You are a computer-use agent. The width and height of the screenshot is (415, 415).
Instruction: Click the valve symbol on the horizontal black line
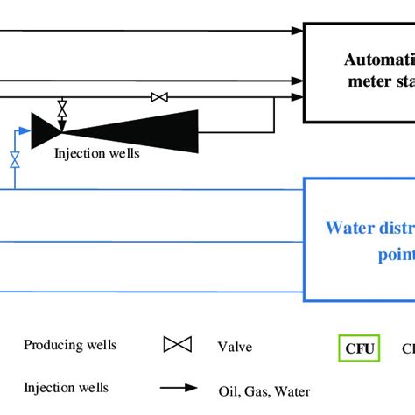pyautogui.click(x=159, y=97)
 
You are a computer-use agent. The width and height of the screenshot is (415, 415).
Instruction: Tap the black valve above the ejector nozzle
pyautogui.click(x=62, y=110)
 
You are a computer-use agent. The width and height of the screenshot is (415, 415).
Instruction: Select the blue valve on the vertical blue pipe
pyautogui.click(x=14, y=159)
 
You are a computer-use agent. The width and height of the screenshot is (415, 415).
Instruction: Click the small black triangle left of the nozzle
pyautogui.click(x=45, y=130)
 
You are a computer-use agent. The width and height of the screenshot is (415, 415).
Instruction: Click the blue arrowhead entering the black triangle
pyautogui.click(x=29, y=130)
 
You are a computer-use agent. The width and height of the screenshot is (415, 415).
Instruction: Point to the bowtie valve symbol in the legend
pyautogui.click(x=176, y=345)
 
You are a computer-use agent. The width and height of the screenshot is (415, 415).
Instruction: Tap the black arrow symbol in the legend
pyautogui.click(x=177, y=388)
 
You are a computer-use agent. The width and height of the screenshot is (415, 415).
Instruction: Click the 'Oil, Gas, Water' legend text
pyautogui.click(x=264, y=391)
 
